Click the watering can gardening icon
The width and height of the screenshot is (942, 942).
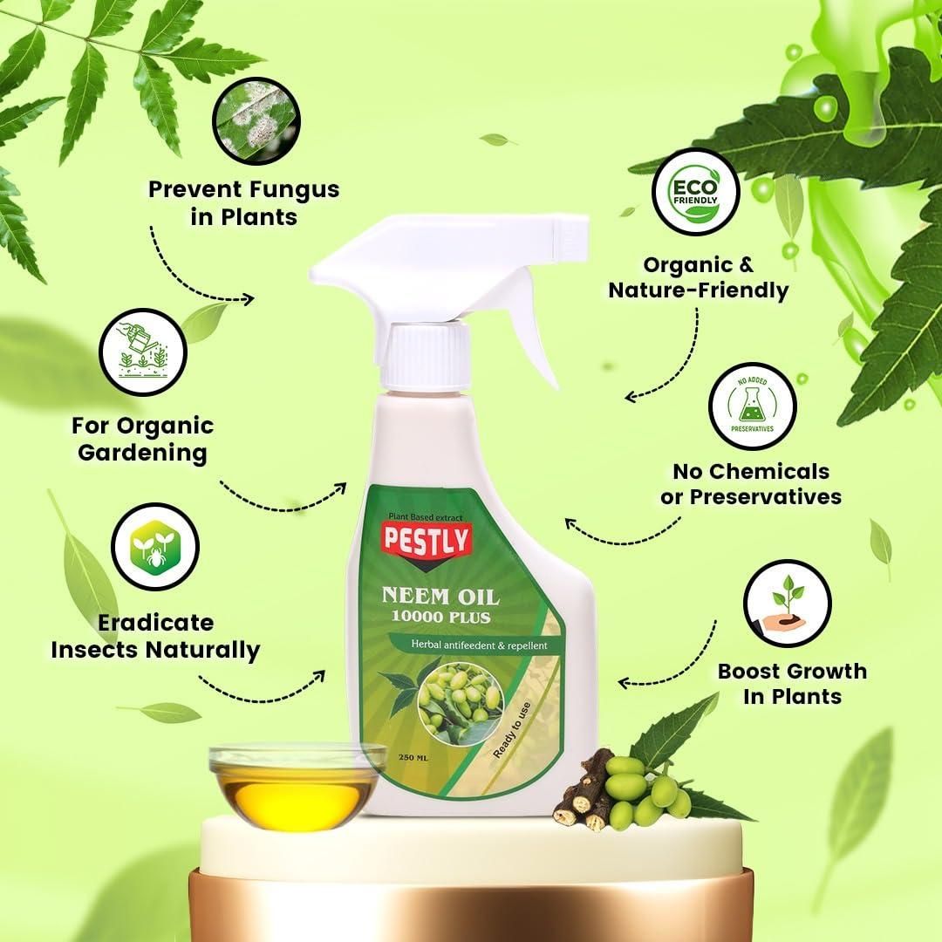pyautogui.click(x=145, y=353)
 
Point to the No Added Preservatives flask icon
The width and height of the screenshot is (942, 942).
pyautogui.click(x=752, y=406)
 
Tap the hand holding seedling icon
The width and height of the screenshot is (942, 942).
pyautogui.click(x=787, y=603)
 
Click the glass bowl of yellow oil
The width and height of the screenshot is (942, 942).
pyautogui.click(x=297, y=785)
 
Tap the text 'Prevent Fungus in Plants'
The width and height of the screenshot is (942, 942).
pyautogui.click(x=243, y=201)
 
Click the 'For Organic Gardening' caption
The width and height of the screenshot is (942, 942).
pyautogui.click(x=142, y=439)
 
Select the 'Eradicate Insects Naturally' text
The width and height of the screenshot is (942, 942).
pyautogui.click(x=155, y=636)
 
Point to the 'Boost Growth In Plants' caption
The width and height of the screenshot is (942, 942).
pyautogui.click(x=791, y=683)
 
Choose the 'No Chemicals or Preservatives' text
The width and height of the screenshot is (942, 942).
pyautogui.click(x=750, y=483)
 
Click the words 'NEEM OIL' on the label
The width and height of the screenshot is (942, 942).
pyautogui.click(x=440, y=597)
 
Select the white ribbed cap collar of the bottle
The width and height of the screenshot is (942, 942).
pyautogui.click(x=428, y=357)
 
